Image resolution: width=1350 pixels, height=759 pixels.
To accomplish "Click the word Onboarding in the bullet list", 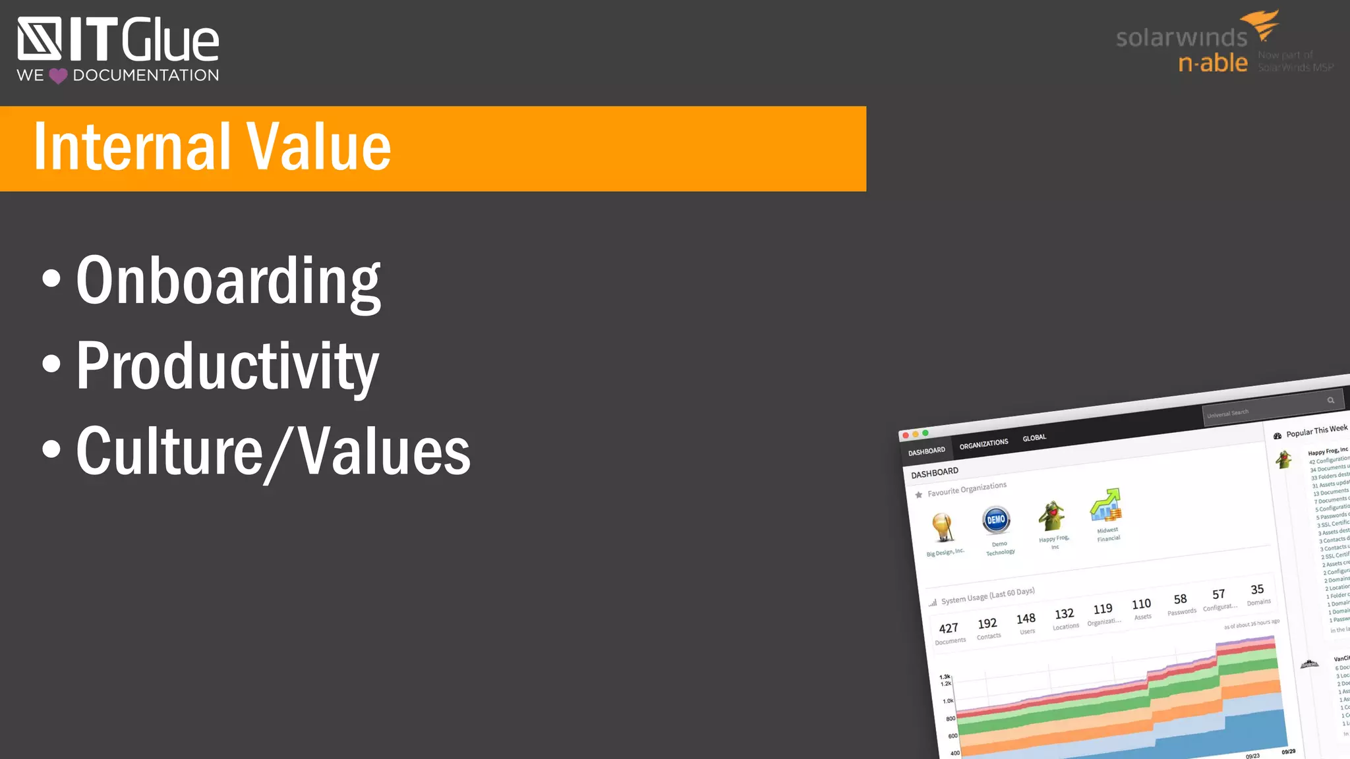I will click(x=228, y=281).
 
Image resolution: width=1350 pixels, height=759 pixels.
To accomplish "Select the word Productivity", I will click(x=227, y=366).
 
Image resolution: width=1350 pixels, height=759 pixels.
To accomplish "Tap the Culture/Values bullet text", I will click(x=273, y=452).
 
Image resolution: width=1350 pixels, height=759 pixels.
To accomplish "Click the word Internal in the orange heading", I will click(x=132, y=147).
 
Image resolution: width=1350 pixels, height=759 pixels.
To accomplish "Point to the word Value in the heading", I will click(x=318, y=147).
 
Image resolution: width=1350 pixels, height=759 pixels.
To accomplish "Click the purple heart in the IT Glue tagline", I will click(x=58, y=76).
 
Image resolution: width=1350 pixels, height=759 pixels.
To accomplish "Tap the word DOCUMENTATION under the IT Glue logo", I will click(x=146, y=75).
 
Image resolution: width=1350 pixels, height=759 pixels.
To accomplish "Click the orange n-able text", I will click(x=1213, y=63).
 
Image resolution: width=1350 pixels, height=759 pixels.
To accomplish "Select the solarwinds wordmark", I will click(x=1181, y=38).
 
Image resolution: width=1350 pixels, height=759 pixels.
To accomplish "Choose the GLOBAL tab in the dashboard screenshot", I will click(x=1034, y=437).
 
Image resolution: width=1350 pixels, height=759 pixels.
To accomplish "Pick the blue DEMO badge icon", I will click(x=996, y=520).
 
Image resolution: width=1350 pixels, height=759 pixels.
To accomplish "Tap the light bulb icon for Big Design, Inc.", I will click(x=943, y=527).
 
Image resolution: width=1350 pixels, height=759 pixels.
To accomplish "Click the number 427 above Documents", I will click(x=948, y=629).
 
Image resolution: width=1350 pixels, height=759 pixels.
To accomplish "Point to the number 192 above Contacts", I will click(x=987, y=623).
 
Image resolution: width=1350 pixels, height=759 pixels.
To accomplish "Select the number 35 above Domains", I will click(x=1257, y=590).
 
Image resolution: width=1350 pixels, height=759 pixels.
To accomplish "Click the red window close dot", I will click(x=906, y=436).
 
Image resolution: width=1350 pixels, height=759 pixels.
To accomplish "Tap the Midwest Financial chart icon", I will click(x=1106, y=505).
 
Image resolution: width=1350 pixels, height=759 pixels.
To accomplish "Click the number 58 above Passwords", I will click(x=1180, y=599).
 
